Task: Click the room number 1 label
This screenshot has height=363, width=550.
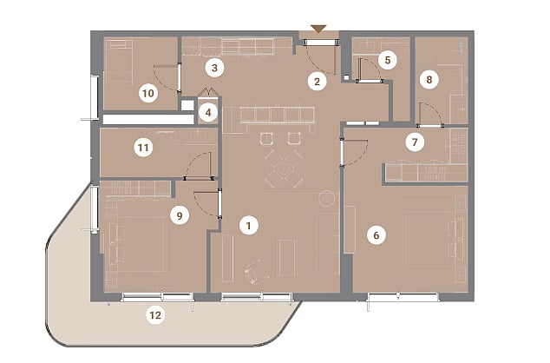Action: pos(249,226)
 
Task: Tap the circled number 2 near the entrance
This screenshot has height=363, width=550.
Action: pos(318,82)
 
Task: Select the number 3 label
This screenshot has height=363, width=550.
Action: pos(214,68)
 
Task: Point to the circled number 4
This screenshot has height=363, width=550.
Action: pos(208,113)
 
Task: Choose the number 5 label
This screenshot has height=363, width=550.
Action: pos(388,60)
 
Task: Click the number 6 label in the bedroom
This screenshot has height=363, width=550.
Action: pos(376,234)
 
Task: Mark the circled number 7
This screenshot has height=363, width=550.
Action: pos(415,142)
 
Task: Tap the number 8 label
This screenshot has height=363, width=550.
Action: pos(429,80)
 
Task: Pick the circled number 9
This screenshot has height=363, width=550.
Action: pos(180,215)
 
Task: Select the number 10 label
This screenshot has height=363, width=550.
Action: pos(148,94)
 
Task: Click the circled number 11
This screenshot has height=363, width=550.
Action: pos(143,148)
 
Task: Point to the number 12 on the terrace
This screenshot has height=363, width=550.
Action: pos(155,315)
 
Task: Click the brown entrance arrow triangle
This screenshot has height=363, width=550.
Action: pos(318,29)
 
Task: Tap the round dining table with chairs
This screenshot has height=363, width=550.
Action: pos(284,168)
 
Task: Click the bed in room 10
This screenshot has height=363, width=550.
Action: pos(119,62)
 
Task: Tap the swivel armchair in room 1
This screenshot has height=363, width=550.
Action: pos(254,271)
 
